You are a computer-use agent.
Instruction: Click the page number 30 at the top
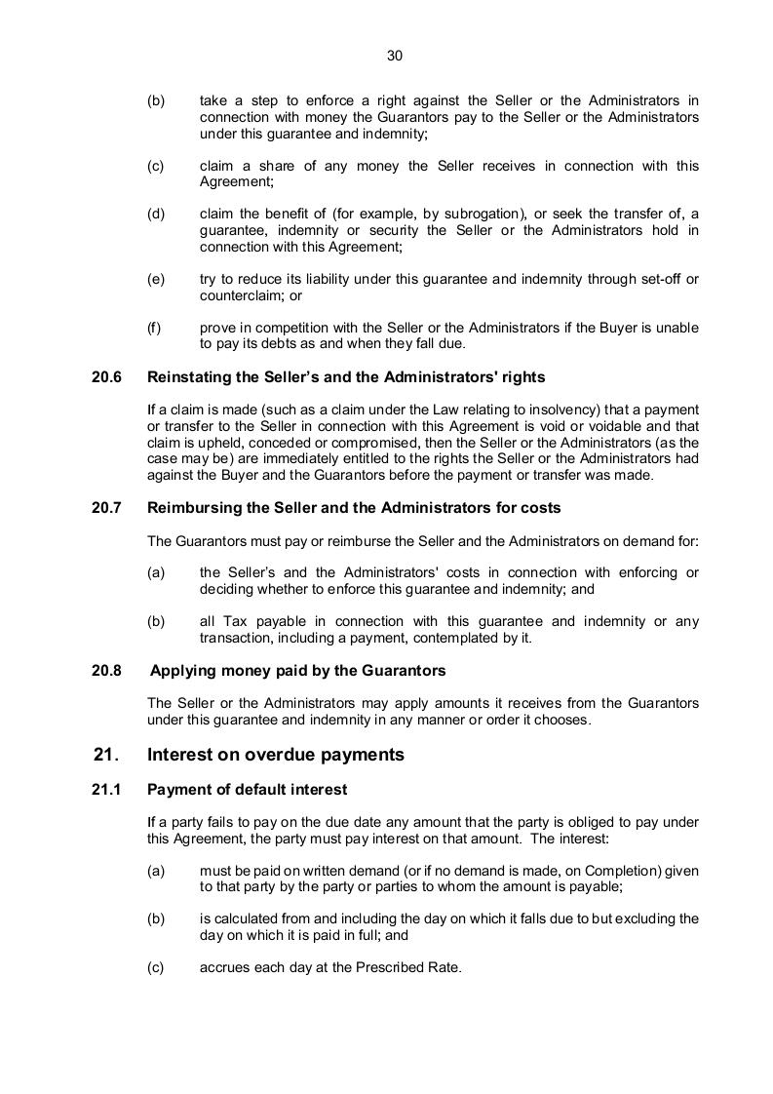395,56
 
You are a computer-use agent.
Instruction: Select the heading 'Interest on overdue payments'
275,755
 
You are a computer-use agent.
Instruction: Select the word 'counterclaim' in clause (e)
239,295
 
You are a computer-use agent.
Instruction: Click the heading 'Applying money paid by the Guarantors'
297,671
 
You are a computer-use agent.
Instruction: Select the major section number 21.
106,755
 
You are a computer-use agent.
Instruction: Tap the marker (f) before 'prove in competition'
154,328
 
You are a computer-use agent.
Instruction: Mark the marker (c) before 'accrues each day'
155,967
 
